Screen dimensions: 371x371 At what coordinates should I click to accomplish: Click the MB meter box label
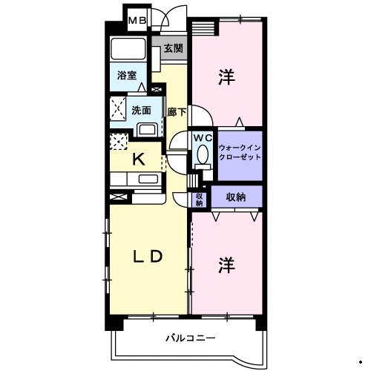coord(139,21)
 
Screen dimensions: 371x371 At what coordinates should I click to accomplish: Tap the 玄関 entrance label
coord(173,49)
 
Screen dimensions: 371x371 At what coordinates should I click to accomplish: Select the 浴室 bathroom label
coord(127,75)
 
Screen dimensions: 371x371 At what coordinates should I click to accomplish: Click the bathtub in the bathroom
coord(131,50)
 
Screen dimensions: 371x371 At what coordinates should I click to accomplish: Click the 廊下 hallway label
coord(177,112)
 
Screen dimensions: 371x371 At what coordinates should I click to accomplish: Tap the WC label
coord(203,137)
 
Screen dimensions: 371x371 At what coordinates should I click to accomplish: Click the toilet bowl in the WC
coord(202,157)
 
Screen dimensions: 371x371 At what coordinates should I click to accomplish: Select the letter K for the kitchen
coord(138,158)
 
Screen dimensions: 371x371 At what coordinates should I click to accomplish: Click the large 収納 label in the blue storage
coord(237,197)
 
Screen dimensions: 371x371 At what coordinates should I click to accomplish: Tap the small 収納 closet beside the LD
coord(199,199)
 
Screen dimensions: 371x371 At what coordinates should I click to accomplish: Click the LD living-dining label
coord(147,257)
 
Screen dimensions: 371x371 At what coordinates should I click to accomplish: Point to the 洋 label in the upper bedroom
coord(226,76)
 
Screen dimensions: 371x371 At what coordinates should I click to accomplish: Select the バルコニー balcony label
coord(190,338)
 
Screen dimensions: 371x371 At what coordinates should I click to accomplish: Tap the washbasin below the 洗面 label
coord(147,130)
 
